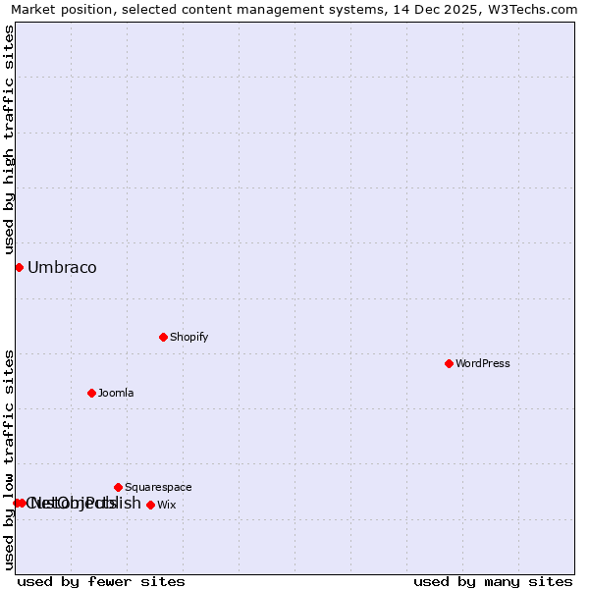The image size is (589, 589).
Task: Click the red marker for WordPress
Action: [449, 363]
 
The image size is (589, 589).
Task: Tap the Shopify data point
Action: [163, 337]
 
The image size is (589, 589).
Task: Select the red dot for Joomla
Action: [91, 393]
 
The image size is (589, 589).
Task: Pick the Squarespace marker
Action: [118, 487]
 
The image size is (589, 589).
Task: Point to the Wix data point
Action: [150, 505]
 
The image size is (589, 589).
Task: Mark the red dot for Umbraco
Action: [19, 267]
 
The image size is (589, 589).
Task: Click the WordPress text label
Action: [483, 363]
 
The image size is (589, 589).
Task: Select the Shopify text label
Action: [189, 337]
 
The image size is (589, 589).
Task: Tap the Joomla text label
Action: [116, 393]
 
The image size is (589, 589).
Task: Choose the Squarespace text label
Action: [158, 487]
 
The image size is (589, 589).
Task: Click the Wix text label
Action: [167, 505]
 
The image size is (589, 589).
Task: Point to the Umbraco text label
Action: [62, 267]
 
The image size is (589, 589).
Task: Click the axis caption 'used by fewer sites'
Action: [101, 581]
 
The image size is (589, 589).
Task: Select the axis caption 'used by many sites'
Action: [493, 581]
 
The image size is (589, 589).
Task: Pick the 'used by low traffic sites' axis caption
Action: [9, 459]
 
